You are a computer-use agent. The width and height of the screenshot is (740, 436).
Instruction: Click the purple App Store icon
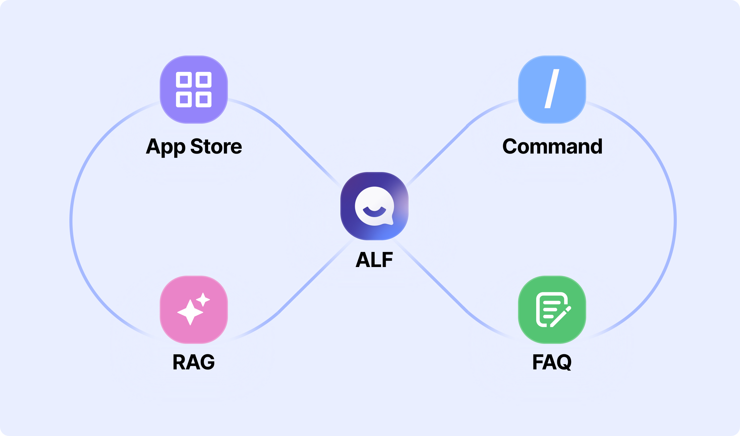click(x=194, y=89)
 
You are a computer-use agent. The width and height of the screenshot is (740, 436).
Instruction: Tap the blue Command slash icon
click(x=552, y=89)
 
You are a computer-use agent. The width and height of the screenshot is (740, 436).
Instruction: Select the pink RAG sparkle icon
click(x=194, y=310)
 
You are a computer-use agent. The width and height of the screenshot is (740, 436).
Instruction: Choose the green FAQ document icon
click(x=552, y=310)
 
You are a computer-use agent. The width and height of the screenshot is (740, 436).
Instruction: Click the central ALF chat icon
click(x=374, y=206)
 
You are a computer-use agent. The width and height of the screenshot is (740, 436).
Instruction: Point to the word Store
click(x=216, y=146)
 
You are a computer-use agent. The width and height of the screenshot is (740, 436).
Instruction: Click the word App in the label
click(x=166, y=147)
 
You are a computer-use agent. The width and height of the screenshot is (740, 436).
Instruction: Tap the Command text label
click(x=552, y=146)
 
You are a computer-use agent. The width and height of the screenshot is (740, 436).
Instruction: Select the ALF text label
click(x=374, y=260)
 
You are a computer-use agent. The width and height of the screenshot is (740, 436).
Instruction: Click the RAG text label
click(x=194, y=362)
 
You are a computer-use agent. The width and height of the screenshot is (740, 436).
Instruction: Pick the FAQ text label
click(x=552, y=362)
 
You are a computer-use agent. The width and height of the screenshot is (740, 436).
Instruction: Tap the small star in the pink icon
click(x=203, y=299)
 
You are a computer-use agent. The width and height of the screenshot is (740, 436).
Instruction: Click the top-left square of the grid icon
click(x=184, y=80)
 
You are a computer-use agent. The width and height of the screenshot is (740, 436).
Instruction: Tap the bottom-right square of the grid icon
click(x=203, y=99)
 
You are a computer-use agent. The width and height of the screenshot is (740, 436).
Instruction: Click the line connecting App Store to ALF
click(x=308, y=154)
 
